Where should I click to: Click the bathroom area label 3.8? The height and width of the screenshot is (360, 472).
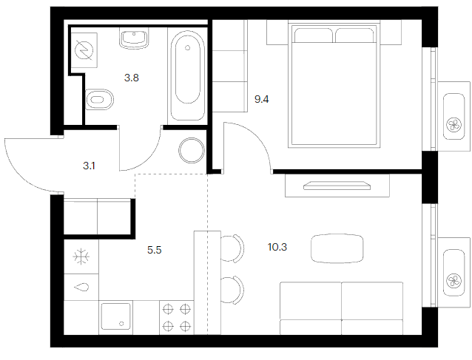coord(132,78)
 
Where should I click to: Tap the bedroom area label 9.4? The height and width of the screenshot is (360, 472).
coord(262,99)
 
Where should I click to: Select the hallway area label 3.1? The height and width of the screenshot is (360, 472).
coord(89,166)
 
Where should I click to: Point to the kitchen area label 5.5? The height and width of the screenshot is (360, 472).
coord(155,250)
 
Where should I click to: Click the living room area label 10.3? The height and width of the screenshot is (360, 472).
coord(277,247)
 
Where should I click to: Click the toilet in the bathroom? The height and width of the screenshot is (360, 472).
coord(99,99)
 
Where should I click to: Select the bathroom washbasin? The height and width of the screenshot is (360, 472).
coord(134,38)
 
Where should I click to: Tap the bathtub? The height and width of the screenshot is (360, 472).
coord(188,75)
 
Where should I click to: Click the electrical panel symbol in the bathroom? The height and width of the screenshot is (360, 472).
coord(84,50)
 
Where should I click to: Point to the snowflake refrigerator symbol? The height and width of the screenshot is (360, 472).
coord(81,257)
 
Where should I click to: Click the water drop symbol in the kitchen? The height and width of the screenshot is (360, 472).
coord(81,288)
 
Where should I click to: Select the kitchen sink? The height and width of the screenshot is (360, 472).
coord(116,316)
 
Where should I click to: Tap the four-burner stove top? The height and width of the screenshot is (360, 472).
coord(177,317)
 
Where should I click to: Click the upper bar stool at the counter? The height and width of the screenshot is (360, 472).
coord(232,248)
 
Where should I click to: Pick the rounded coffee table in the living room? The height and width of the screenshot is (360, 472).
coord(337,248)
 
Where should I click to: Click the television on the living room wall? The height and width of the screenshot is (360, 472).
coord(337,186)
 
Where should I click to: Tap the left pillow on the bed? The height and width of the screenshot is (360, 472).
coord(313,35)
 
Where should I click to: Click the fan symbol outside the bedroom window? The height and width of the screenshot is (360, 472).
coord(454,124)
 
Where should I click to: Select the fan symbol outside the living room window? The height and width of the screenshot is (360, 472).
coord(454,281)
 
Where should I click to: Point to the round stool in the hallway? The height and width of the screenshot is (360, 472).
coord(192,151)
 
